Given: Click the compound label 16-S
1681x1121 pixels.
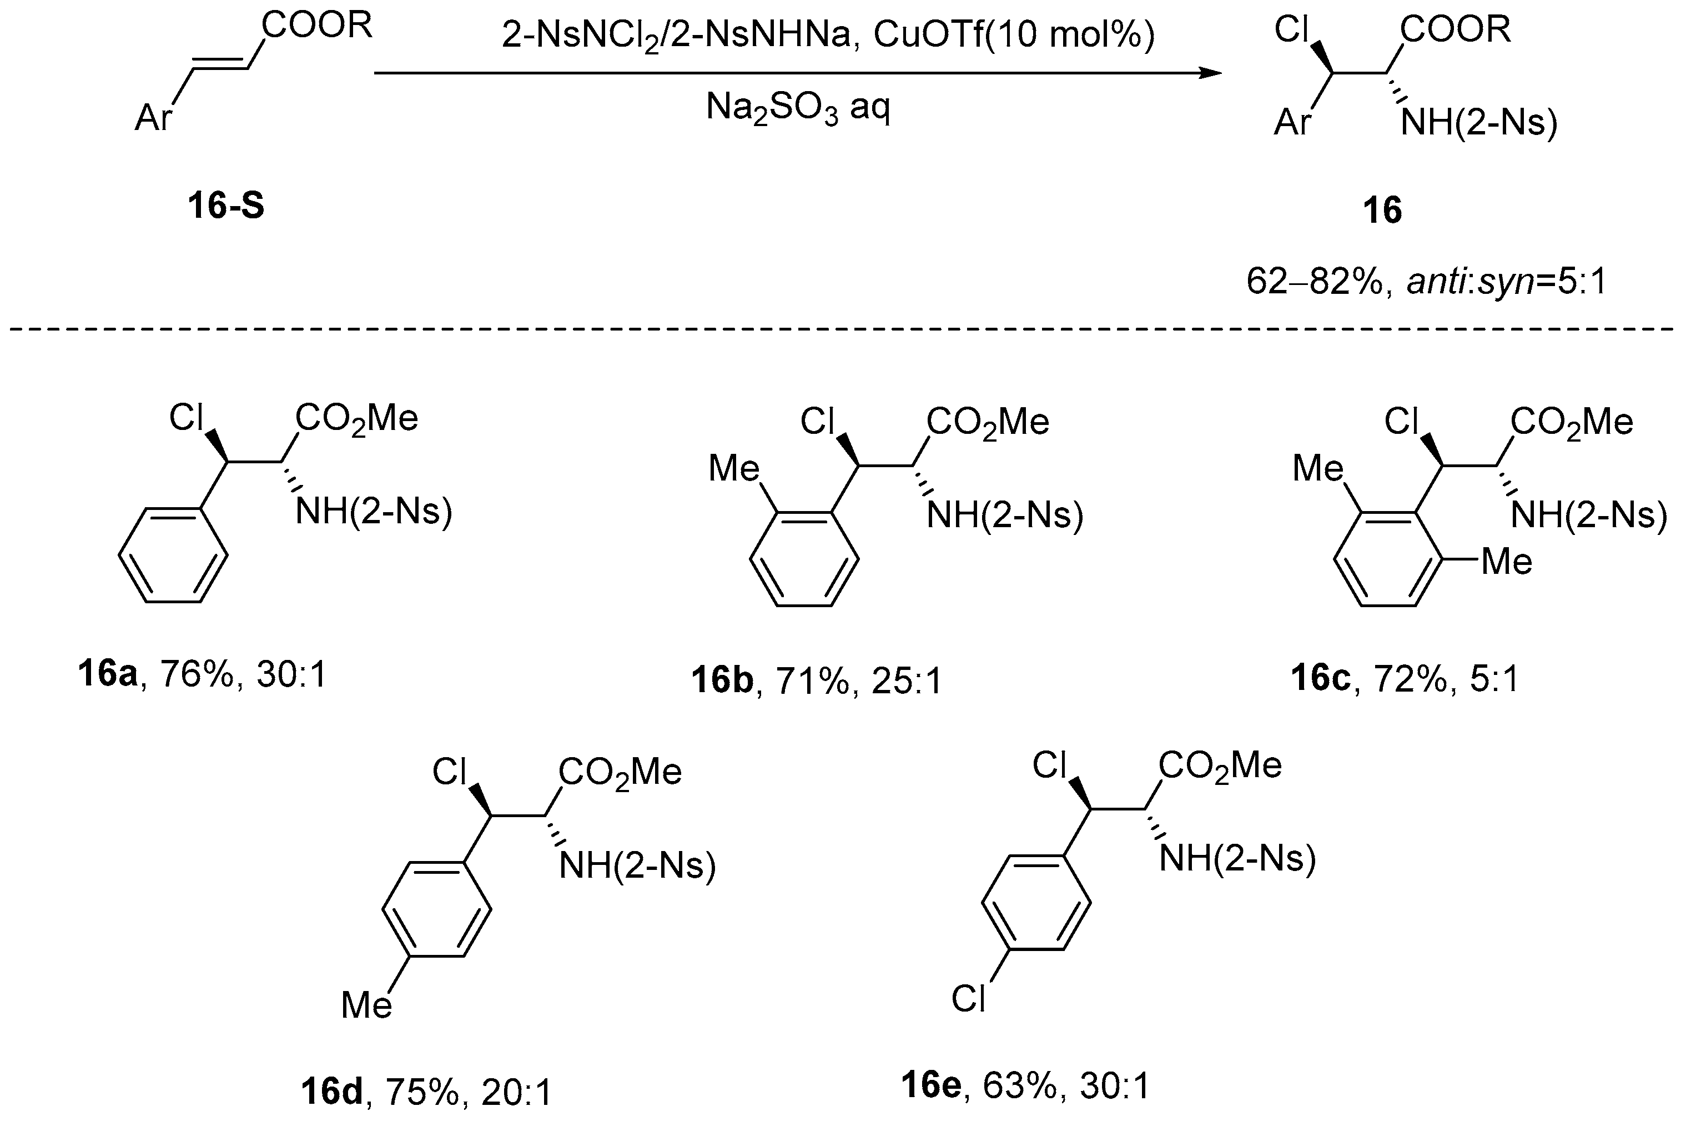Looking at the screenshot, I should (x=226, y=207).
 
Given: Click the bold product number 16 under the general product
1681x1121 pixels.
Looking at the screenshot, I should (x=1382, y=211).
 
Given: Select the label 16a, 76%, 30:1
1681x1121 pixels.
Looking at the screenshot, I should (x=202, y=674).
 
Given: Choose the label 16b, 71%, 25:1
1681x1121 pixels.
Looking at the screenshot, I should (x=817, y=680).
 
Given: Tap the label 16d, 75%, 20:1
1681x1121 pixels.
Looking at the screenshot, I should (x=426, y=1092).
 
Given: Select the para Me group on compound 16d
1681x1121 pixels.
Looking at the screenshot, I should (x=366, y=1004).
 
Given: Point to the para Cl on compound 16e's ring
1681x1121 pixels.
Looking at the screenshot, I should (x=968, y=998).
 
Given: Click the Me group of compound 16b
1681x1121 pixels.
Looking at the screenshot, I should (x=734, y=469).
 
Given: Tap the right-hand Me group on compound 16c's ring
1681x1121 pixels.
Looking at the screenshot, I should (x=1507, y=561).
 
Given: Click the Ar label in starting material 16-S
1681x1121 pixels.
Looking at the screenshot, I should (x=154, y=118).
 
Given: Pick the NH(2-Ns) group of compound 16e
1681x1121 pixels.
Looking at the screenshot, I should (x=1237, y=857).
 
